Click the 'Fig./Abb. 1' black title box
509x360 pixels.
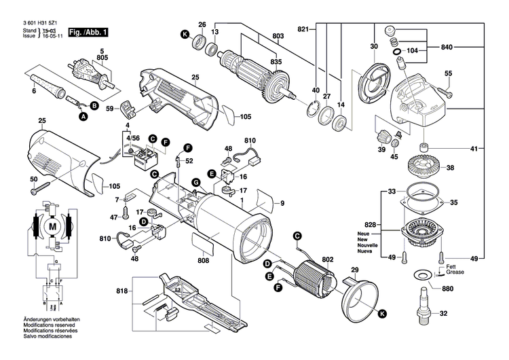tap(88, 32)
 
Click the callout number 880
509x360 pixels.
tap(447, 288)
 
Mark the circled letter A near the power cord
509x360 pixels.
tap(83, 118)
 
